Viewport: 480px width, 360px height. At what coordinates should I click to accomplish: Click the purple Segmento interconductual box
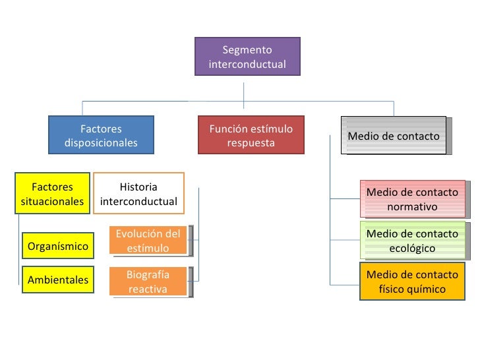[247, 57]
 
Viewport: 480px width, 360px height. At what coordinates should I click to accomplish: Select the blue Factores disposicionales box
[101, 135]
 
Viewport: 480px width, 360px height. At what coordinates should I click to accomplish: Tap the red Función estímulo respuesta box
[251, 135]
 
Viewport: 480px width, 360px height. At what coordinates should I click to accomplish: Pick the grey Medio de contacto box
[395, 136]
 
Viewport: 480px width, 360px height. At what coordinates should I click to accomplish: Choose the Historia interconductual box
[138, 194]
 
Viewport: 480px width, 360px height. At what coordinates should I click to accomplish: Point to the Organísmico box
[58, 246]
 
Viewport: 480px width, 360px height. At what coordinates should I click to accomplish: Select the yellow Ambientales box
[58, 280]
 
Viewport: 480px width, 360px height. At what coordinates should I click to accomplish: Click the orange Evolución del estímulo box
[148, 241]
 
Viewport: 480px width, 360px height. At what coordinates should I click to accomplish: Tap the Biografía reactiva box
[148, 282]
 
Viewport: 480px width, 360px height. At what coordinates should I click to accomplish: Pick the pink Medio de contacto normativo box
[412, 199]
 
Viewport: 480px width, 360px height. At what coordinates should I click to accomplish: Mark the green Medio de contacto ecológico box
[412, 241]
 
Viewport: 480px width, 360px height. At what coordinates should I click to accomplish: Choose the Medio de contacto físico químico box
[412, 282]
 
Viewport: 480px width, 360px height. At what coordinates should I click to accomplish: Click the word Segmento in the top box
[247, 50]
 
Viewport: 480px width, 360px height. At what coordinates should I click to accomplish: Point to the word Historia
[138, 187]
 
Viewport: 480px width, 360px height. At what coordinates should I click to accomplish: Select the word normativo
[412, 207]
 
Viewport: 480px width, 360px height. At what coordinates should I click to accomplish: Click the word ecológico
[412, 249]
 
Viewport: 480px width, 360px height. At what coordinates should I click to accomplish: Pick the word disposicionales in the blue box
[101, 143]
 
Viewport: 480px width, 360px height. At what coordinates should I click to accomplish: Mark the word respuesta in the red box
[251, 143]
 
